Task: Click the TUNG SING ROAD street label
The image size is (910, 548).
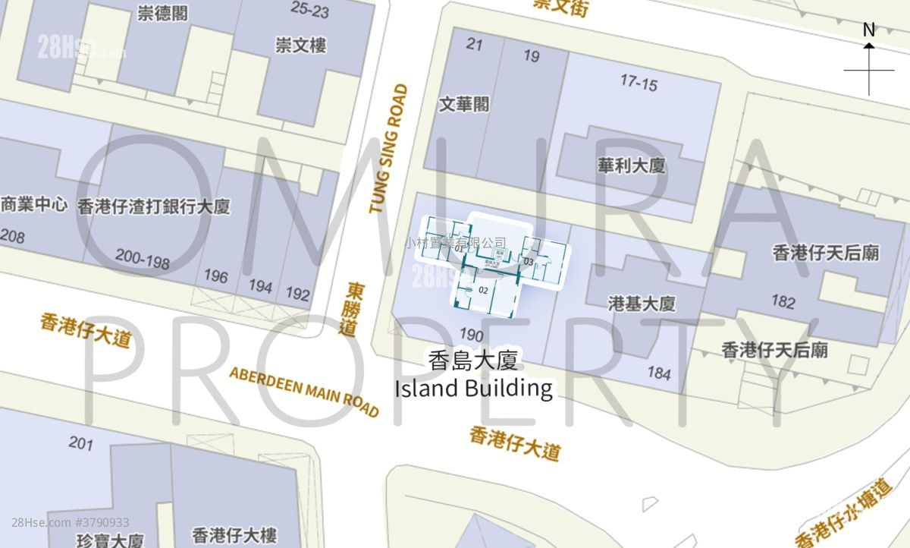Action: click(388, 148)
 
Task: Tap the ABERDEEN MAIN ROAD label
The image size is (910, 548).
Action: click(303, 392)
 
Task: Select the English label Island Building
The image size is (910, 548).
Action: click(473, 388)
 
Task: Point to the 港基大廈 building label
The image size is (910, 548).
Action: click(642, 304)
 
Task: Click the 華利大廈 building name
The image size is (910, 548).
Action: click(632, 165)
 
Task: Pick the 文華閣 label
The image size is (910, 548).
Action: click(464, 104)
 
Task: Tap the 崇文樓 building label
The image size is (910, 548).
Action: click(300, 46)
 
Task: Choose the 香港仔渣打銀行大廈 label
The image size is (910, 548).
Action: click(153, 206)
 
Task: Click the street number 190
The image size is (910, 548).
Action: click(471, 335)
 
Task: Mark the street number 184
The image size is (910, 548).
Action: click(658, 373)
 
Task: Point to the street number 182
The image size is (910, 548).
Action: click(783, 302)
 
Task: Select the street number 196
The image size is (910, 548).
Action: click(216, 276)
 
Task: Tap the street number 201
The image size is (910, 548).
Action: click(80, 442)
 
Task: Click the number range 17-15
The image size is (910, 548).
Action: click(639, 83)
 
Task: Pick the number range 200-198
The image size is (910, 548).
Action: click(143, 259)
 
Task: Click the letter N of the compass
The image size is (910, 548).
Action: click(869, 30)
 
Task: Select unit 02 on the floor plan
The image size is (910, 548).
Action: click(483, 290)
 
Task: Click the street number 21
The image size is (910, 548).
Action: click(474, 44)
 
